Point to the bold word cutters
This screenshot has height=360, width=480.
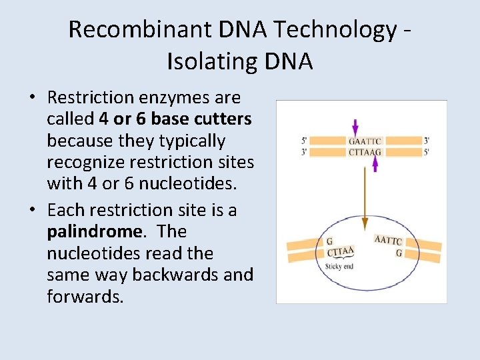(220, 119)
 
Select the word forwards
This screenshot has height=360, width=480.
(85, 297)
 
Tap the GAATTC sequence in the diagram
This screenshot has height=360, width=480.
(365, 141)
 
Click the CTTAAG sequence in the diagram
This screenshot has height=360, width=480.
(365, 152)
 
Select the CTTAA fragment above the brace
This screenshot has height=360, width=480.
(341, 252)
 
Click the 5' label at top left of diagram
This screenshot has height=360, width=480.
(304, 141)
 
